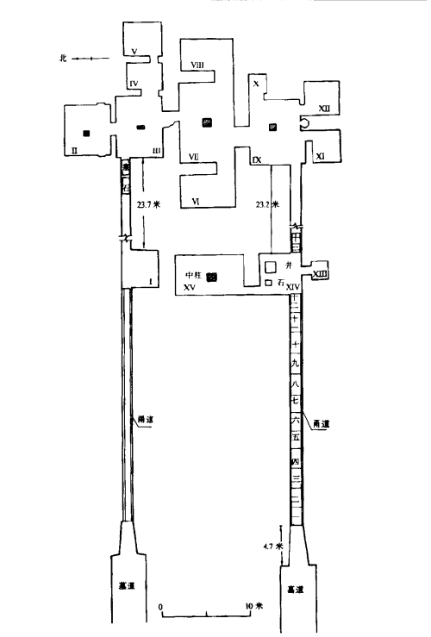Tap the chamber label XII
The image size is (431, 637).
323,109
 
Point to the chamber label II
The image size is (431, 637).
76,150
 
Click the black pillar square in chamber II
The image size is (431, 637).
85,133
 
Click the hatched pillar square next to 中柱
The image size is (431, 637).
212,277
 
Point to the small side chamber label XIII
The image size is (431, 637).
319,274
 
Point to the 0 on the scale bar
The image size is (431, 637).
161,606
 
